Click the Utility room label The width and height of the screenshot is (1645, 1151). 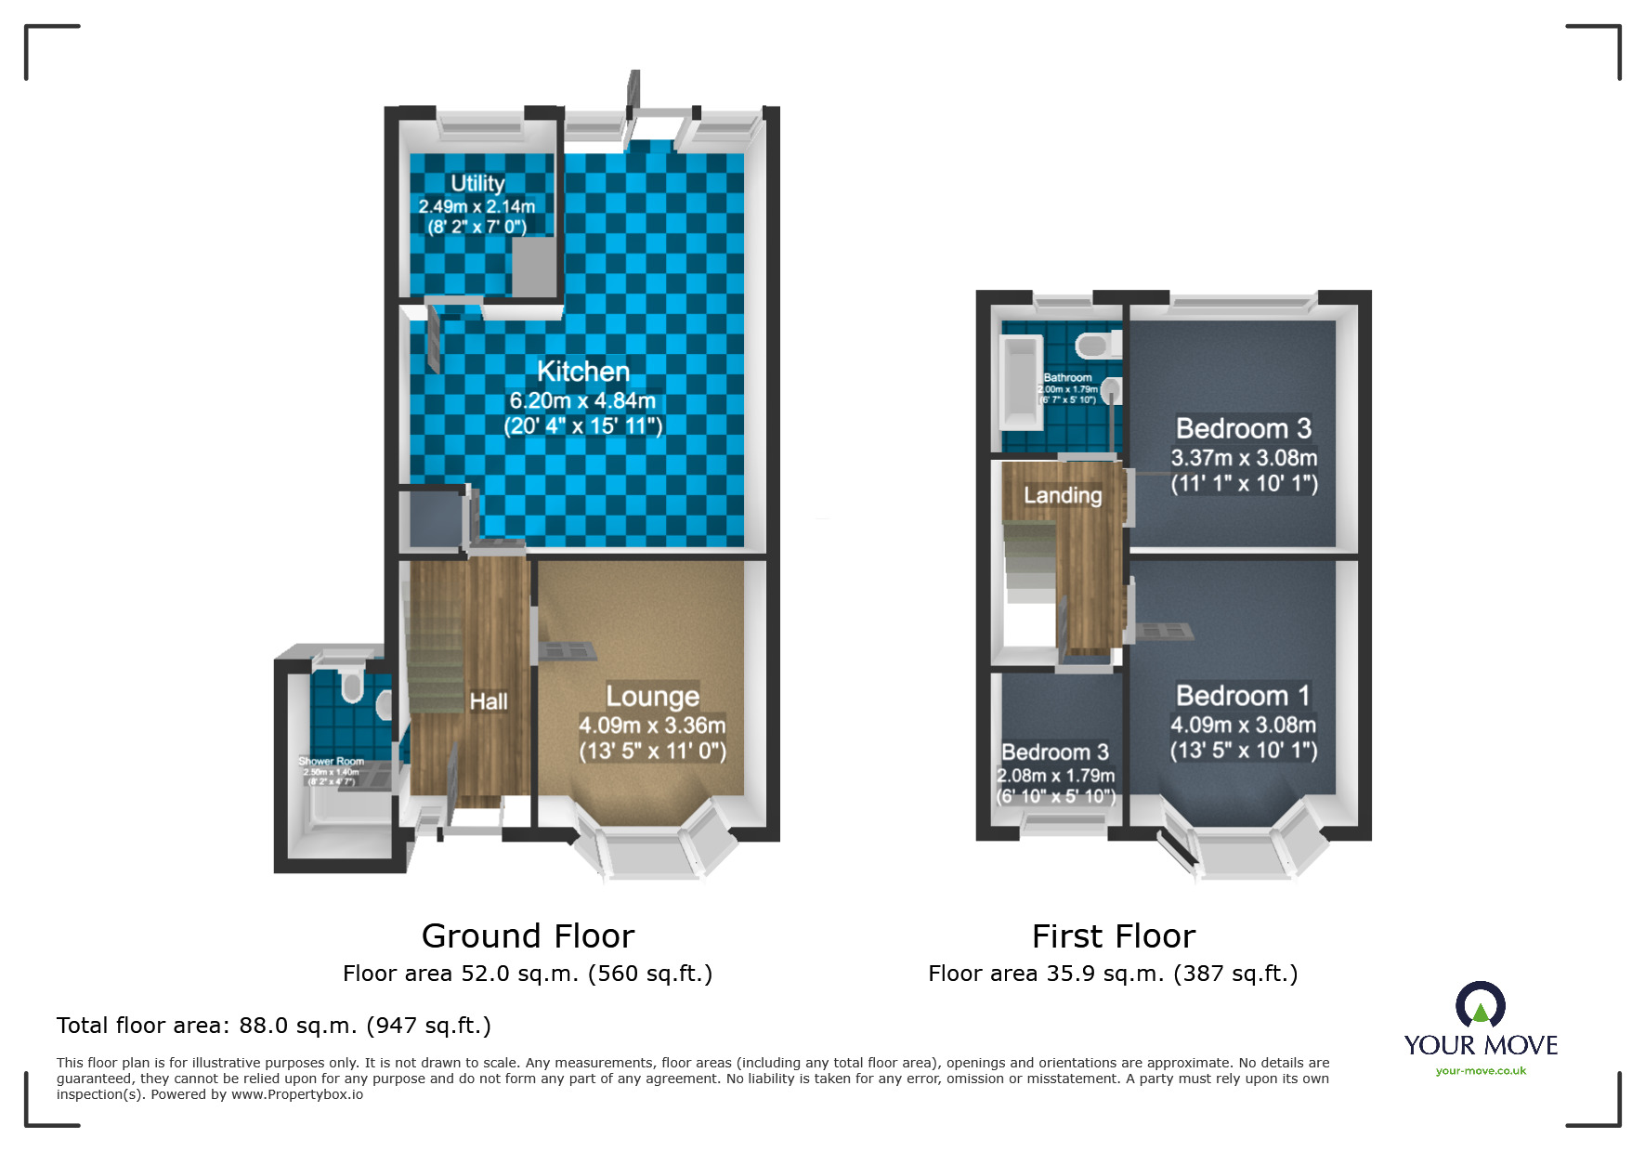tap(477, 183)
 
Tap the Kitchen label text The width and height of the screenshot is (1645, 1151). tap(583, 372)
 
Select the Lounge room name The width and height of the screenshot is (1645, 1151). tap(652, 696)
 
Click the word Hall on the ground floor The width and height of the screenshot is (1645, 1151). tap(488, 701)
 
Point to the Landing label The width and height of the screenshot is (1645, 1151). tap(1063, 495)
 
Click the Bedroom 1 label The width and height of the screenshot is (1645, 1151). tap(1243, 695)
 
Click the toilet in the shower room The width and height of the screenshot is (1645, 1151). tap(351, 687)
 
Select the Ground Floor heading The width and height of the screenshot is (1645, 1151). tap(528, 935)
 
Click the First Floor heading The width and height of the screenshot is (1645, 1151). tap(1113, 935)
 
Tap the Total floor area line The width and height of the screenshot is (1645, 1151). tap(273, 1025)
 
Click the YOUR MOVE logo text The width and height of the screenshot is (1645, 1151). tap(1480, 1045)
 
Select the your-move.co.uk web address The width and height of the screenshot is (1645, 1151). tap(1481, 1071)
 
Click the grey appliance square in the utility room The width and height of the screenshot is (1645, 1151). tap(534, 268)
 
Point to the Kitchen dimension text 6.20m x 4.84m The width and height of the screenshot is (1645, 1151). tap(582, 401)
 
